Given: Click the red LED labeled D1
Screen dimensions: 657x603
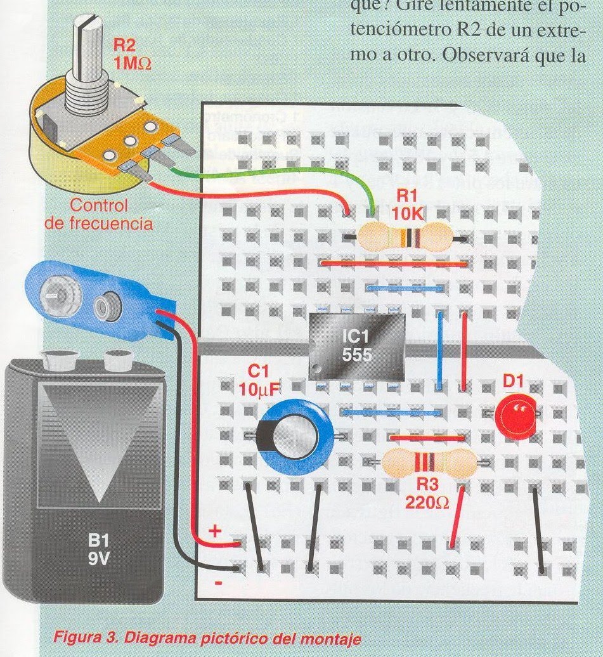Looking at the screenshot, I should coord(515,417).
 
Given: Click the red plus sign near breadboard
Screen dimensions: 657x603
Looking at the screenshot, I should coord(214,531).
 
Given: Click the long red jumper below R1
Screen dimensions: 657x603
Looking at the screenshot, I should coord(394,262).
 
